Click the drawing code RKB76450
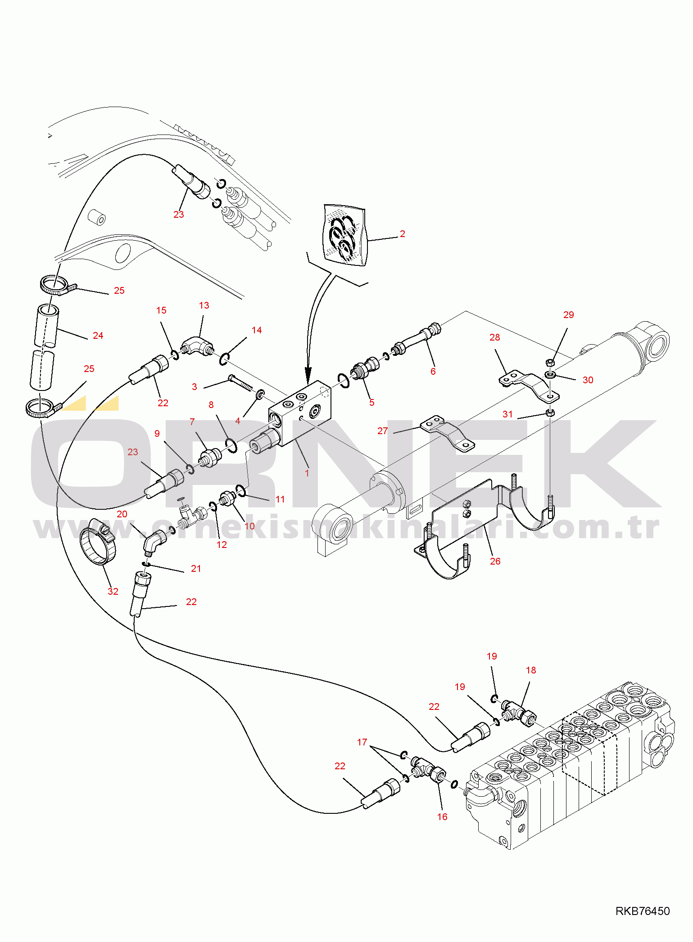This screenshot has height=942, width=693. tap(643, 911)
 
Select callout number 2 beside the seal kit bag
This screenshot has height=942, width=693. tap(402, 234)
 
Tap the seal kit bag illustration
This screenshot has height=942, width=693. tap(344, 235)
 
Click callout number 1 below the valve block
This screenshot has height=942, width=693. tap(307, 473)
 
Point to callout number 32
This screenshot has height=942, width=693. tap(113, 591)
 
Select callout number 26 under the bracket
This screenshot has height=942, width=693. tap(495, 561)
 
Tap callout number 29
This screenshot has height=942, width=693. tap(569, 315)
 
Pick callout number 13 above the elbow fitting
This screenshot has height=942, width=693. tap(204, 305)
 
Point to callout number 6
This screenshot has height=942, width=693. tap(433, 371)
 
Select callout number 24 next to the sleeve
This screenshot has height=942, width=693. tap(98, 336)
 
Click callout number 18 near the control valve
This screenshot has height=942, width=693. tap(531, 670)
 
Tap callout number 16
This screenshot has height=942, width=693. tap(442, 816)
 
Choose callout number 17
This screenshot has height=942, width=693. tap(362, 742)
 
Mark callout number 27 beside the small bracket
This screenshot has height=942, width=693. tap(382, 431)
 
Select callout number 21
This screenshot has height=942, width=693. tap(196, 569)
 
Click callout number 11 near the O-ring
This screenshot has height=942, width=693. tap(280, 499)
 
